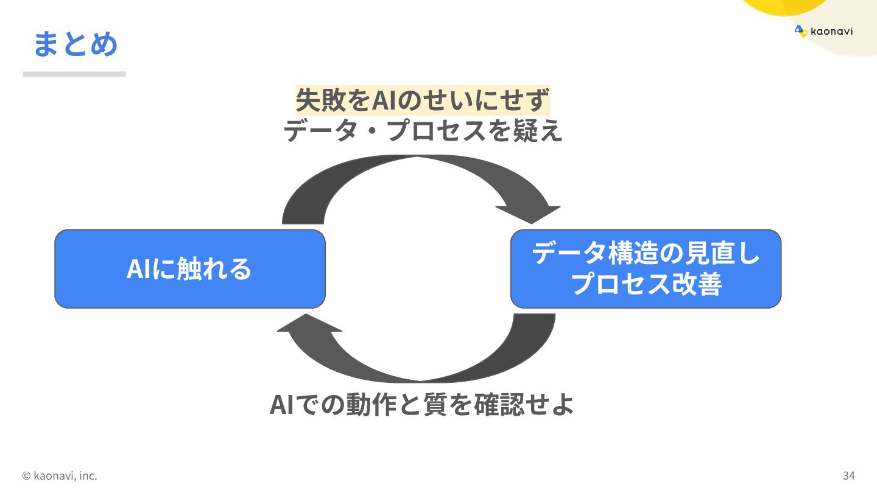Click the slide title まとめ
click(75, 44)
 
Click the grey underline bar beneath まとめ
click(74, 74)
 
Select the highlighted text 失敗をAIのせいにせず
click(423, 100)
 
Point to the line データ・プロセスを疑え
click(423, 130)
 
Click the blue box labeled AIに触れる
click(189, 268)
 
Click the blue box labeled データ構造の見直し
click(646, 268)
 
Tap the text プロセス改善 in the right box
click(646, 284)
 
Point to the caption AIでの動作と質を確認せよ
click(421, 405)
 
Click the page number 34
click(849, 475)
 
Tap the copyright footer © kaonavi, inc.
click(60, 475)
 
